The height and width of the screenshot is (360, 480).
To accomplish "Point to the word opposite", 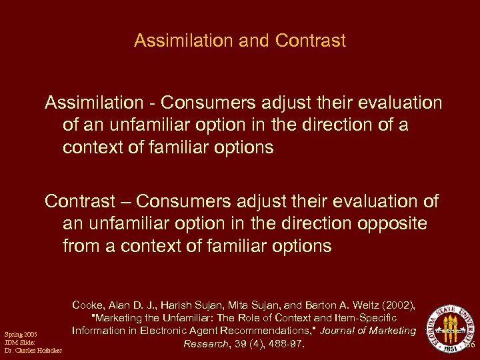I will [393, 223].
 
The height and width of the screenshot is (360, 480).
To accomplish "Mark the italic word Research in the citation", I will [207, 344].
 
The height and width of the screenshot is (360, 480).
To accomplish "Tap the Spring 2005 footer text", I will [21, 335].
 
